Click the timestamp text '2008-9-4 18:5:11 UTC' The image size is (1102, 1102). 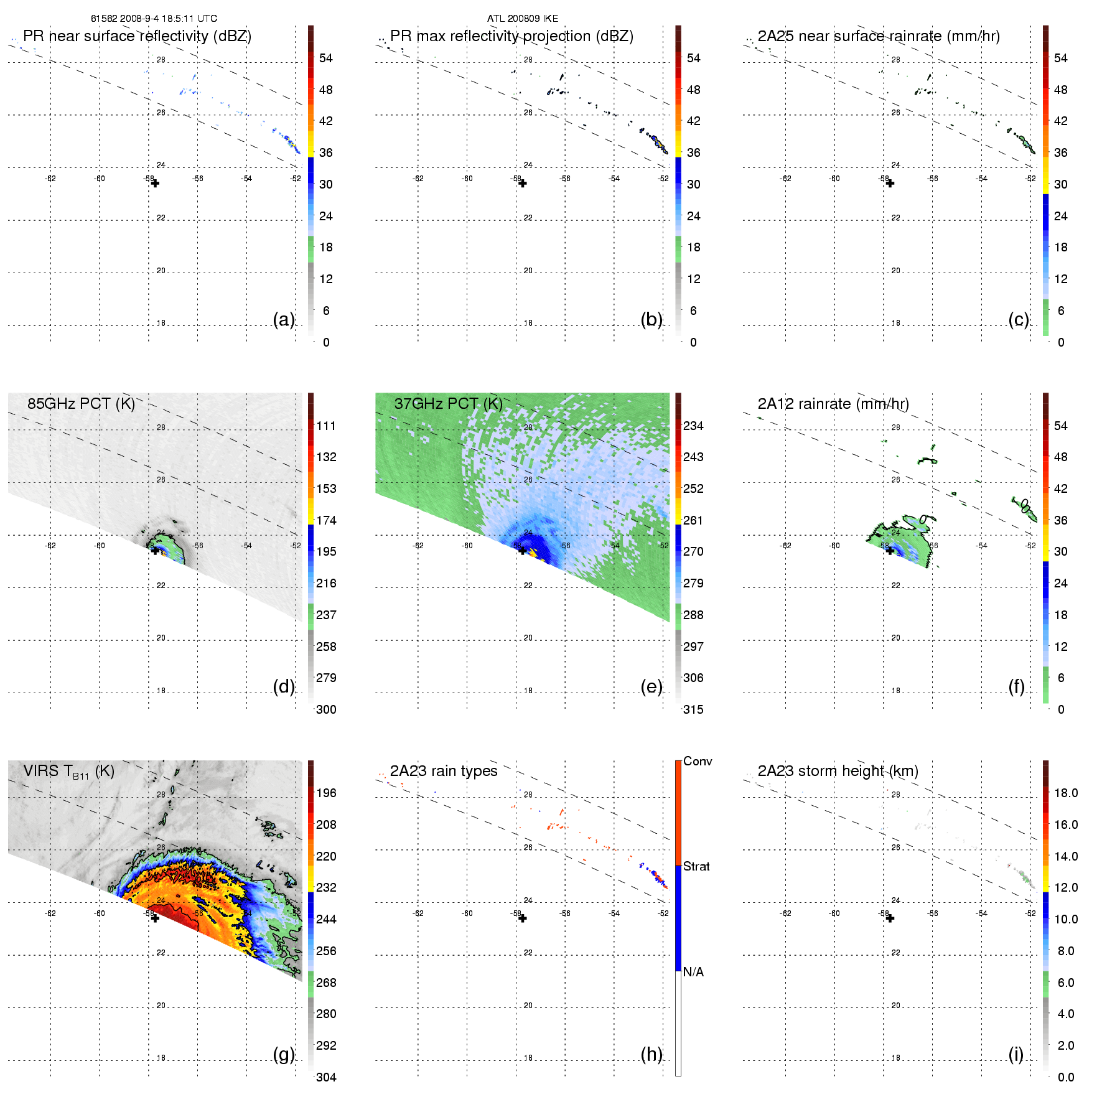(x=167, y=19)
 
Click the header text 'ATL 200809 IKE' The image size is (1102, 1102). (x=523, y=19)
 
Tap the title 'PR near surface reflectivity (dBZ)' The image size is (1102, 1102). (x=137, y=36)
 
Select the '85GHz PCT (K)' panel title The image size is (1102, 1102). (x=81, y=403)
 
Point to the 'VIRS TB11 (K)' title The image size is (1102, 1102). (x=68, y=771)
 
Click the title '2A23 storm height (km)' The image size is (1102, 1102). (x=838, y=771)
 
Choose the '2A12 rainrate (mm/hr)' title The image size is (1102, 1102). (x=833, y=403)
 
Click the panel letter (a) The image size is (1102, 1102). (x=284, y=319)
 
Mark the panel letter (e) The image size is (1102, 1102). (x=651, y=686)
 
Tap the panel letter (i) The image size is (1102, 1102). (x=1016, y=1054)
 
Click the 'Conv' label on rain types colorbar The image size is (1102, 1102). (x=698, y=761)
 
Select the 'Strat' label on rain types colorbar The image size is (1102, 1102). (x=696, y=866)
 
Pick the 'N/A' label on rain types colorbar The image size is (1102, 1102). (x=693, y=972)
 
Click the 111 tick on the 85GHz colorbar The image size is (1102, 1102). (x=326, y=426)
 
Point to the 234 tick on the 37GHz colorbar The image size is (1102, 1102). (x=693, y=426)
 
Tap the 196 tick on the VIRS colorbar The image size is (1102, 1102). (x=326, y=793)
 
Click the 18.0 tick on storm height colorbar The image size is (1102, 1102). (x=1066, y=793)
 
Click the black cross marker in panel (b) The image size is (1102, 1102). (x=523, y=184)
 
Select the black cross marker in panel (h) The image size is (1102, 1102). (x=523, y=918)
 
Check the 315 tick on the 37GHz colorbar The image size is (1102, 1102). (x=693, y=709)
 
